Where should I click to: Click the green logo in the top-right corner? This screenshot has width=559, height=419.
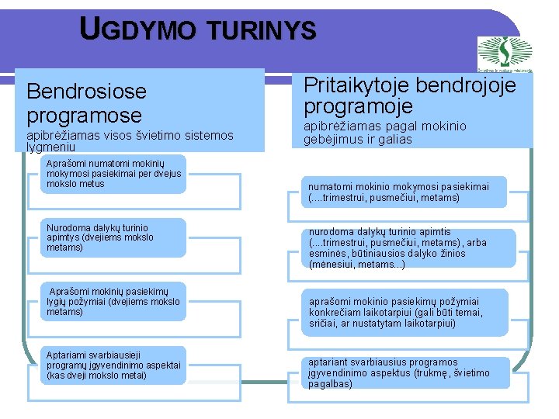[x=505, y=53]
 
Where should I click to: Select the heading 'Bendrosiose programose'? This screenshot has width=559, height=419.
[x=86, y=103]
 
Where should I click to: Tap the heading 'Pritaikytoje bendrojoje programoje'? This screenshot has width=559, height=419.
[x=410, y=95]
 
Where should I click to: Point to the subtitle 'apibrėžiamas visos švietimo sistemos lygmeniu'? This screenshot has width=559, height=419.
[x=129, y=140]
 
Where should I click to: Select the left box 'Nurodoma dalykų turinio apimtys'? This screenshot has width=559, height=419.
[x=113, y=237]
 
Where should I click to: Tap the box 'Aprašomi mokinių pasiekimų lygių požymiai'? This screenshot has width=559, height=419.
[x=113, y=301]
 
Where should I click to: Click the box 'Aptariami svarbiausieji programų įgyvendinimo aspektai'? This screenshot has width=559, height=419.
[x=113, y=365]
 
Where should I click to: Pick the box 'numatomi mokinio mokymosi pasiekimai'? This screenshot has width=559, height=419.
[x=404, y=192]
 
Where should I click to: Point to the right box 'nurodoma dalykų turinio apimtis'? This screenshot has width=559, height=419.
[x=404, y=248]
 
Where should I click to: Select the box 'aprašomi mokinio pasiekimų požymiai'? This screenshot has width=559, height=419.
[x=404, y=312]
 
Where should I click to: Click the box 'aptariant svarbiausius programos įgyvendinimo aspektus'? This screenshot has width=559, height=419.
[x=404, y=372]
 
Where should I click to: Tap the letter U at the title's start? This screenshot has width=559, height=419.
[x=90, y=29]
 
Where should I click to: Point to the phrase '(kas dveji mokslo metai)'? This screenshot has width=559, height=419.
[x=96, y=376]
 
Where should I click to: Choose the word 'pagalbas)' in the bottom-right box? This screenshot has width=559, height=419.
[x=331, y=383]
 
